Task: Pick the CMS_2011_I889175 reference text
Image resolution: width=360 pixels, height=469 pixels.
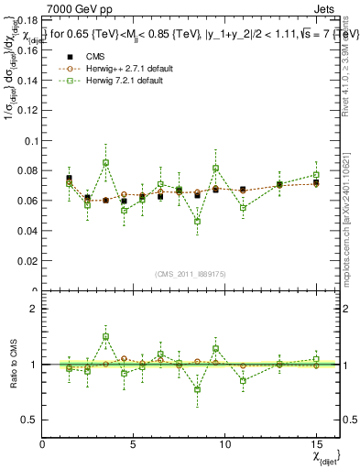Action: (191, 274)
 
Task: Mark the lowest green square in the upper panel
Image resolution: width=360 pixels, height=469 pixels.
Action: (197, 221)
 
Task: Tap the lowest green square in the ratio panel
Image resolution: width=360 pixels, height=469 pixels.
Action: (197, 389)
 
